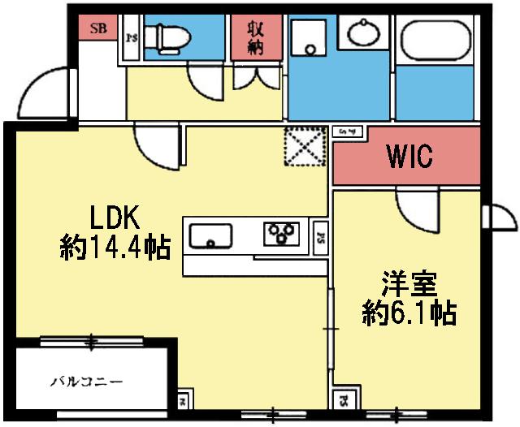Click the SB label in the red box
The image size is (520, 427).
(97, 29)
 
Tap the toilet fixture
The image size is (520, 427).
(171, 37)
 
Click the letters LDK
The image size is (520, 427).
(115, 218)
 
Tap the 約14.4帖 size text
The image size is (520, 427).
(115, 247)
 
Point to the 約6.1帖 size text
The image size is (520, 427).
(409, 313)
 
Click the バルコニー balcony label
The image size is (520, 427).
(87, 381)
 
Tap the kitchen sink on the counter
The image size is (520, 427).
(210, 236)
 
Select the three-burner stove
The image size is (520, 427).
(281, 233)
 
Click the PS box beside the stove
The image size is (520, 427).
(321, 238)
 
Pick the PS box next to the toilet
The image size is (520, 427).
(132, 37)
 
